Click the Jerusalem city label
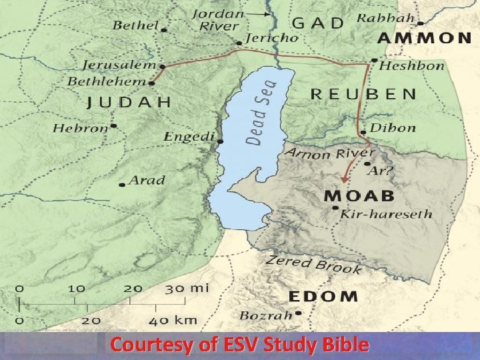pos(120,65)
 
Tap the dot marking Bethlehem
pos(153,83)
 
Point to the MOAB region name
pos(359,195)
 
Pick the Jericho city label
pos(272,38)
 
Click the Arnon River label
pos(323,154)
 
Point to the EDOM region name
pos(323,296)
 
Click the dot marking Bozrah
pos(299,313)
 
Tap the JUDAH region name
pos(129,102)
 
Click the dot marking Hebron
pos(114,125)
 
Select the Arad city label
pos(147,180)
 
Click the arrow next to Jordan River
pos(260,13)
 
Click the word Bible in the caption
pos(341,345)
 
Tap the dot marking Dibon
pos(364,132)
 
